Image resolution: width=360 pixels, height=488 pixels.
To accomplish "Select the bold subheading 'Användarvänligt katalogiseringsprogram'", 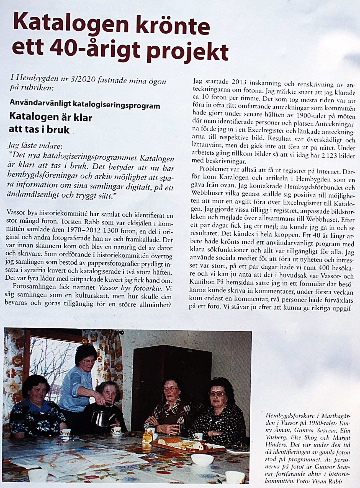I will (85, 105).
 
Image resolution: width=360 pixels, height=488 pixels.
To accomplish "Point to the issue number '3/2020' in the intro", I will (82, 80).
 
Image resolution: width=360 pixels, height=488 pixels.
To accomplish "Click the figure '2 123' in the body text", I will (329, 156).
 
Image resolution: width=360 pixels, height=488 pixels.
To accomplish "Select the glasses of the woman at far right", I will (217, 394).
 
